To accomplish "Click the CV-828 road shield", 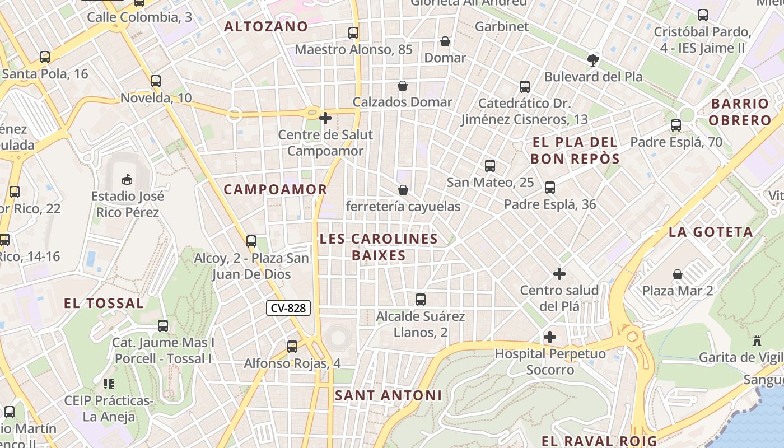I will coord(288,307).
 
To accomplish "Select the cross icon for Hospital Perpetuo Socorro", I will coord(550,337).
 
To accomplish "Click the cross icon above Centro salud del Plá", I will coord(559,274).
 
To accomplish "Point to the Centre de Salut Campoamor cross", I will coord(325,118).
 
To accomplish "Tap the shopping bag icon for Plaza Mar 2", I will coord(678,274).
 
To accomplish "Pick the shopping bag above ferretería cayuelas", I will coord(403,190).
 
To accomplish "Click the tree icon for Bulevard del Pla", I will coord(593,60).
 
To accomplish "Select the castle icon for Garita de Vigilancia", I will coord(758,340).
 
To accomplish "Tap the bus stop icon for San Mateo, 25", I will coord(490,165).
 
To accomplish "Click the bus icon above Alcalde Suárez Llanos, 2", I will coord(421,299).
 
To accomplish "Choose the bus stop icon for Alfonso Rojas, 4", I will coord(292,346).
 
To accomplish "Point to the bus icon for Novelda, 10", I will coord(156,81).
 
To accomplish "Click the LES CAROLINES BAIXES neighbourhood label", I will coord(379,247).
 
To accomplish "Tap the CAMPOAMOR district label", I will coord(276,189).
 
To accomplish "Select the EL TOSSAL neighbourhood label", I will coord(104,304).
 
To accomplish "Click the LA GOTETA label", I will coord(711,232).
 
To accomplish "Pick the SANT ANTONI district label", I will coord(388,395).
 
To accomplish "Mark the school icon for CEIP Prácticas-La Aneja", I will coord(108,384).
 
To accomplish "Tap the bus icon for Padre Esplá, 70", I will coord(676,125).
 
